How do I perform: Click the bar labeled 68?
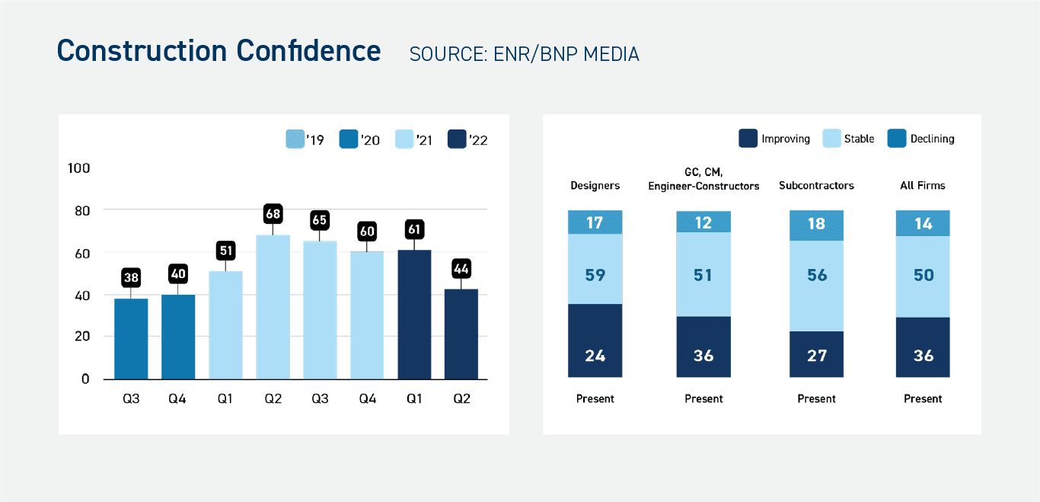(x=273, y=306)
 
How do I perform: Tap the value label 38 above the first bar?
(x=131, y=278)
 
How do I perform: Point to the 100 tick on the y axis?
(x=79, y=168)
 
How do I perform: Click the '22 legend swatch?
(x=458, y=139)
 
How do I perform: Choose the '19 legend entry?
(x=305, y=139)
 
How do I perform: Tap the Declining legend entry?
(x=920, y=139)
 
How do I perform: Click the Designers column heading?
(x=595, y=185)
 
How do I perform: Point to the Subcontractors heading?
(x=816, y=185)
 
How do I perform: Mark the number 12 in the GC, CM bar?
(x=703, y=222)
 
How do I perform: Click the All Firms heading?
(x=923, y=185)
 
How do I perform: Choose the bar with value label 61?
(x=414, y=314)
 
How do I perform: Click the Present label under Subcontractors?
(x=816, y=398)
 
